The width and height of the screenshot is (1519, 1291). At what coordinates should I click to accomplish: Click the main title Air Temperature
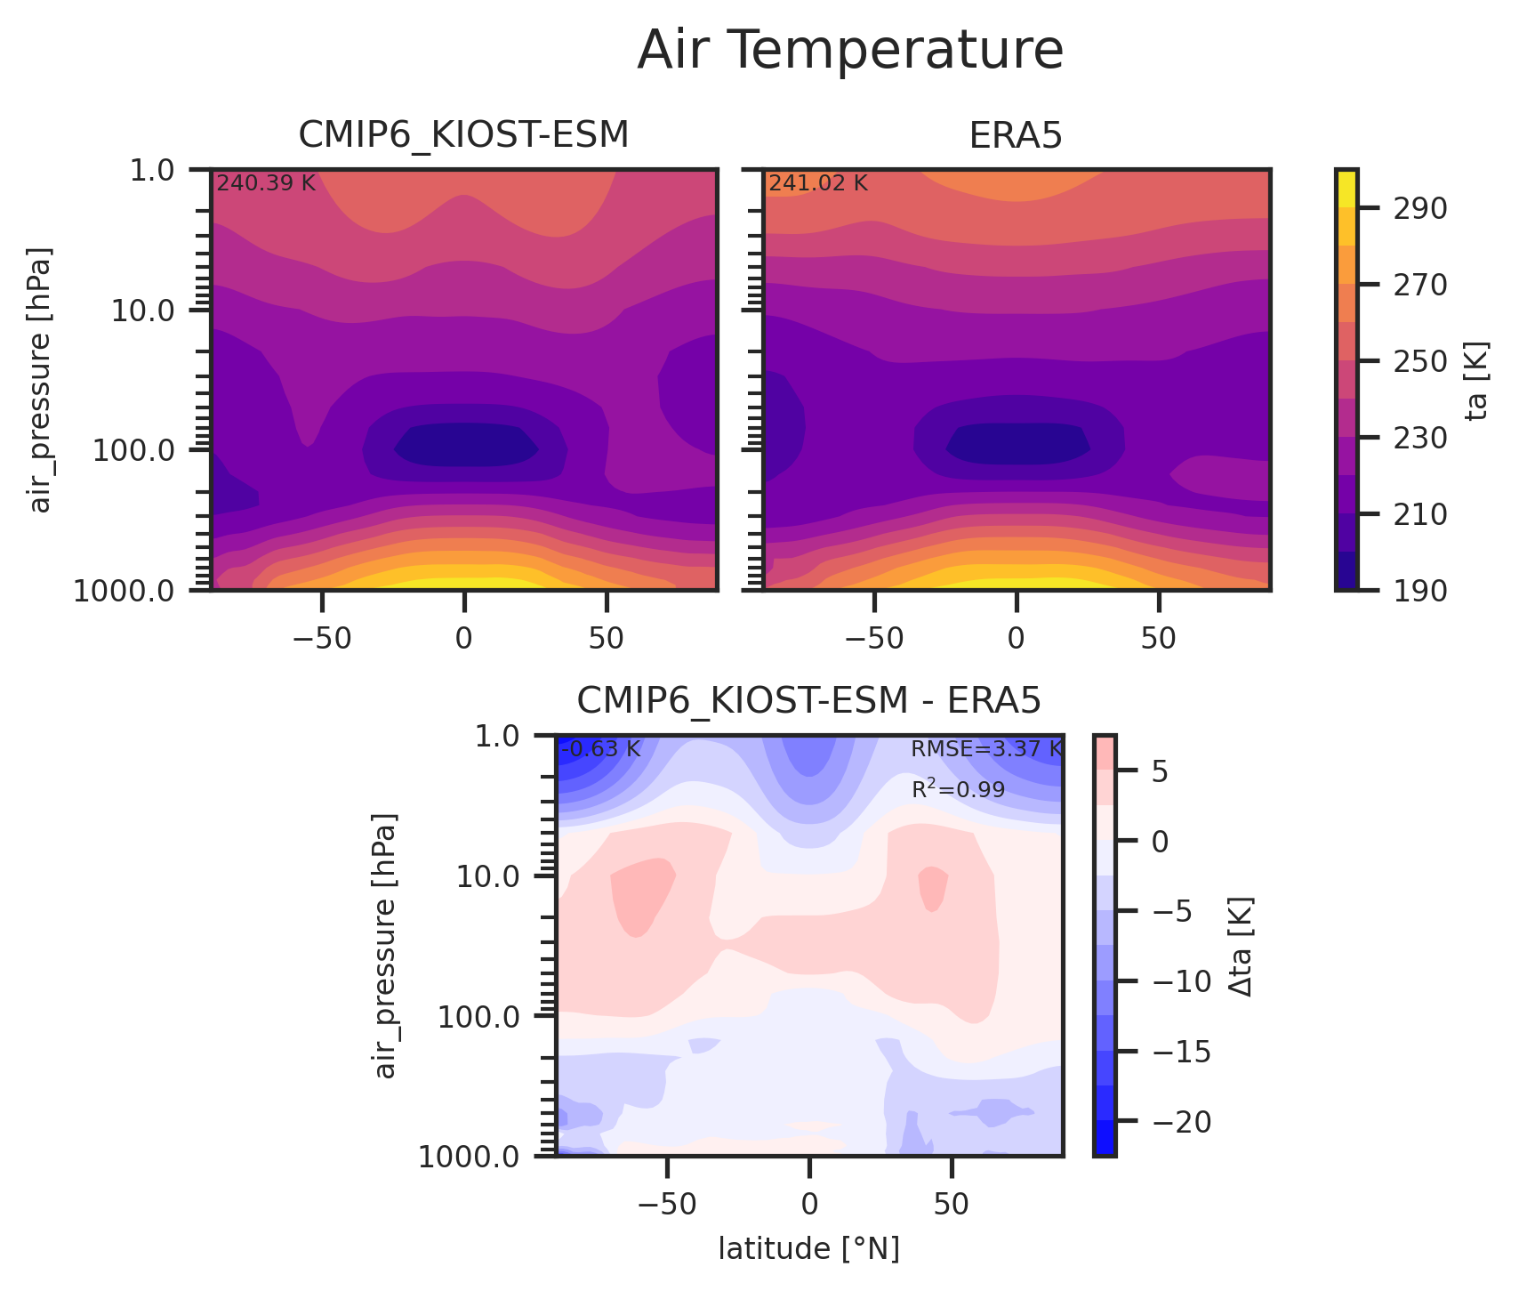click(x=850, y=50)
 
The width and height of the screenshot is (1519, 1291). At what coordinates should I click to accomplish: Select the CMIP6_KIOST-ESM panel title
click(x=463, y=135)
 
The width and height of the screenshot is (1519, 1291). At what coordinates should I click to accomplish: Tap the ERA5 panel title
click(x=1016, y=135)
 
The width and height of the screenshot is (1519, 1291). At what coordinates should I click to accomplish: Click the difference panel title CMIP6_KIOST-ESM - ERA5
click(x=808, y=701)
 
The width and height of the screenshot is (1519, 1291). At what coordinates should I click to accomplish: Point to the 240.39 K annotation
click(x=266, y=183)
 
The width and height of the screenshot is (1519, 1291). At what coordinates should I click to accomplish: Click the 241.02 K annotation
click(x=818, y=183)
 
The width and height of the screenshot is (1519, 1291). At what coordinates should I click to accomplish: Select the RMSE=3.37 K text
click(x=986, y=749)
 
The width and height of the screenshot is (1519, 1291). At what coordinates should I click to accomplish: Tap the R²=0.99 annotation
click(x=958, y=789)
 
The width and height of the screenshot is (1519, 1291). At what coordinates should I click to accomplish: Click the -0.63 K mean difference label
click(x=600, y=749)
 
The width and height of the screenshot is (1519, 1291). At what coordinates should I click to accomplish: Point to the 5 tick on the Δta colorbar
click(x=1160, y=771)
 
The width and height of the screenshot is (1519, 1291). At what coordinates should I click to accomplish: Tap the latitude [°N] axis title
click(x=808, y=1249)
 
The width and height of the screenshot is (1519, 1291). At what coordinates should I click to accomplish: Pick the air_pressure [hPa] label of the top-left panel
click(x=41, y=379)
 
